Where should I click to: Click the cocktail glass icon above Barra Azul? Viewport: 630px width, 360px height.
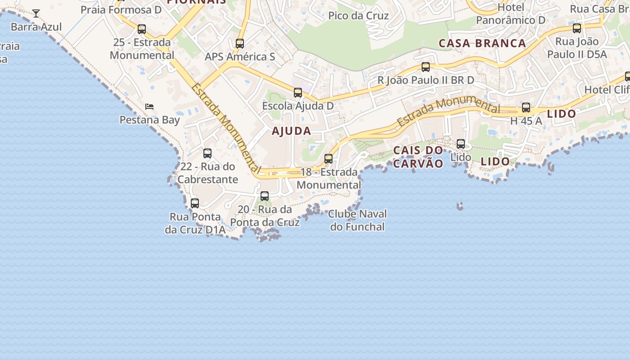coord(36,13)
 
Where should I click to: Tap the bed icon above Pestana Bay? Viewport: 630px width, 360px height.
coord(149,107)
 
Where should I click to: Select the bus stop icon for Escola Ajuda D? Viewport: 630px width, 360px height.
coord(298,93)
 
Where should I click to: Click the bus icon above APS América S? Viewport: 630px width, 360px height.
coord(240,44)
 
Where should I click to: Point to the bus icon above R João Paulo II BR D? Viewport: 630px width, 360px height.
coord(426,67)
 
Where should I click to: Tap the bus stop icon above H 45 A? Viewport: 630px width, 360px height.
coord(526,108)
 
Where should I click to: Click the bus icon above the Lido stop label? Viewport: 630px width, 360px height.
coord(461,144)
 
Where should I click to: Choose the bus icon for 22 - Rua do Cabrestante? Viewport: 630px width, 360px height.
coord(207,153)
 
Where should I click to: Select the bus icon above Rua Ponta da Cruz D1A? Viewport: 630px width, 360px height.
coord(195,203)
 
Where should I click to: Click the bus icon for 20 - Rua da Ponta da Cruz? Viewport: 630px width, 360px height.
coord(265,196)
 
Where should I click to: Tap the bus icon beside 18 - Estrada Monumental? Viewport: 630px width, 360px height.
coord(328,159)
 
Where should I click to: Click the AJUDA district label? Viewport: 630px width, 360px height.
coord(291,131)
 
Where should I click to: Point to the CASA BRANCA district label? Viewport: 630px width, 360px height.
coord(482,43)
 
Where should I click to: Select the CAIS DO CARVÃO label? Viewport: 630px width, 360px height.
coord(418,157)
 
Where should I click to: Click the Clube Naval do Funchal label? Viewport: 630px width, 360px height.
coord(357,220)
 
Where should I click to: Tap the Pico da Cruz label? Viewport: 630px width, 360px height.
coord(358,16)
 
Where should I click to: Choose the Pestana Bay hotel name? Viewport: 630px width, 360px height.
coord(149,120)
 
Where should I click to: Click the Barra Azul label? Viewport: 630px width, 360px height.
coord(36,27)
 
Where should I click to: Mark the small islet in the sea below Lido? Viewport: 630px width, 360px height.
coord(459,206)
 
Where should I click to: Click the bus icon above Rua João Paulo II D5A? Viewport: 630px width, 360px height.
coord(577,28)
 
